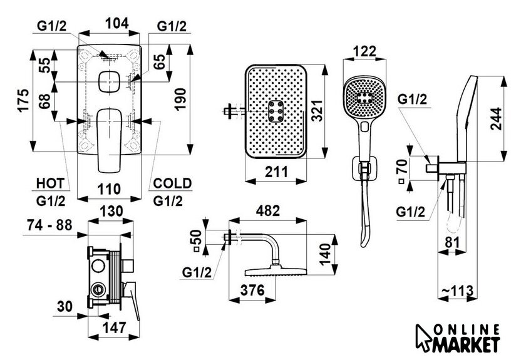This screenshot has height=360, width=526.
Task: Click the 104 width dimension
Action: pyautogui.click(x=116, y=23)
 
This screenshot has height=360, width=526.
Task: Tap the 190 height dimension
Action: pyautogui.click(x=180, y=99)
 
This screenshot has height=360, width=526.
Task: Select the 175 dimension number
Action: pyautogui.click(x=24, y=100)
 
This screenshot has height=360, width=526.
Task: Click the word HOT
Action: pyautogui.click(x=50, y=183)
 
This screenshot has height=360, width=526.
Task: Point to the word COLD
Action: pyautogui.click(x=172, y=183)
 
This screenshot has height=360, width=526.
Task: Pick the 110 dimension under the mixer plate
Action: pyautogui.click(x=110, y=189)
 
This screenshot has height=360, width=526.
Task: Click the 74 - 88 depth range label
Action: pyautogui.click(x=49, y=225)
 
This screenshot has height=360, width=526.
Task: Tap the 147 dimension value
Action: pyautogui.click(x=114, y=328)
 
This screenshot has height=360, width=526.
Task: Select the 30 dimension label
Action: pyautogui.click(x=64, y=306)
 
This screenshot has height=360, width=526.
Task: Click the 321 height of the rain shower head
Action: pyautogui.click(x=316, y=110)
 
